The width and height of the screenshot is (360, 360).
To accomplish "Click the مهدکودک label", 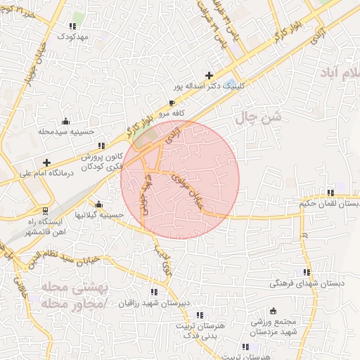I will pos(72,35).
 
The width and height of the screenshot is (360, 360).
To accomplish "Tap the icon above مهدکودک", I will pos(72,25).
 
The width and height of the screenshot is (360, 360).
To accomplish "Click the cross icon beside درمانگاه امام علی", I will pos(47,162).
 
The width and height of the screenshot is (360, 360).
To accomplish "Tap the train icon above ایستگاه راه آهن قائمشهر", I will pos(46,210).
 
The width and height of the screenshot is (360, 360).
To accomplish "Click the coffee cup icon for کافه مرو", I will pos(172,103).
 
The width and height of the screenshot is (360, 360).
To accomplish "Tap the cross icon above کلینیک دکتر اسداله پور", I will pos(208,75).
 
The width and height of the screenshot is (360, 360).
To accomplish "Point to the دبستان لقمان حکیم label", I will pos(329,203).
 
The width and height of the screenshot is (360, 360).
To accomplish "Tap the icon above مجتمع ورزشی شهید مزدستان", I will pos(274,311).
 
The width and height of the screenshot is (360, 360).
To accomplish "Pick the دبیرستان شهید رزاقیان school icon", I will pos(153,292).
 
